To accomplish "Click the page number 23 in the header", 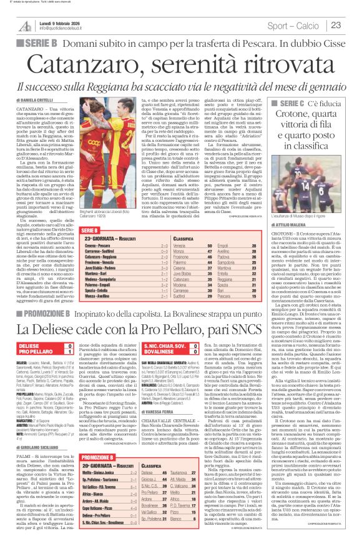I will pos(352,25).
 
